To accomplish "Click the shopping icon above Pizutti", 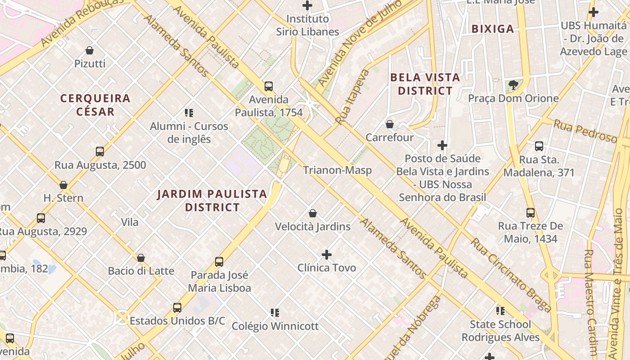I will [x=90, y=50].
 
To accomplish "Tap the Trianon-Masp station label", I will [x=337, y=170].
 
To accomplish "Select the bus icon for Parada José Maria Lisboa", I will [x=219, y=261].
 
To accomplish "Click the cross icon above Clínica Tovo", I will [x=327, y=255].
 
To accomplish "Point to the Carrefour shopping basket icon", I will [x=390, y=124].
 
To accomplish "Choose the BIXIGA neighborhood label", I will [x=492, y=29].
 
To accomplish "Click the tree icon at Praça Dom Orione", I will [x=513, y=85].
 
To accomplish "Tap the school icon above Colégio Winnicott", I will [x=275, y=312].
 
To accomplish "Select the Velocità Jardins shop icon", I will [x=313, y=213].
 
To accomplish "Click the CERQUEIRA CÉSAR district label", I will [x=95, y=104].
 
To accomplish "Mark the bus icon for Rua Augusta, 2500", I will [x=100, y=152].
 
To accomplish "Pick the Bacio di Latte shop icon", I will [x=141, y=258].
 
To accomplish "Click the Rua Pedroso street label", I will [x=585, y=131].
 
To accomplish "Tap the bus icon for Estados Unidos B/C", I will [x=177, y=308].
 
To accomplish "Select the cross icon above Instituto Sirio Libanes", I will [x=307, y=5].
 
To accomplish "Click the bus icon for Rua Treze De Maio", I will [x=531, y=213].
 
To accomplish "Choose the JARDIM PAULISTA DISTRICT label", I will [x=212, y=201].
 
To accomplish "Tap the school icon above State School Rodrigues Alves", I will [x=500, y=310].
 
